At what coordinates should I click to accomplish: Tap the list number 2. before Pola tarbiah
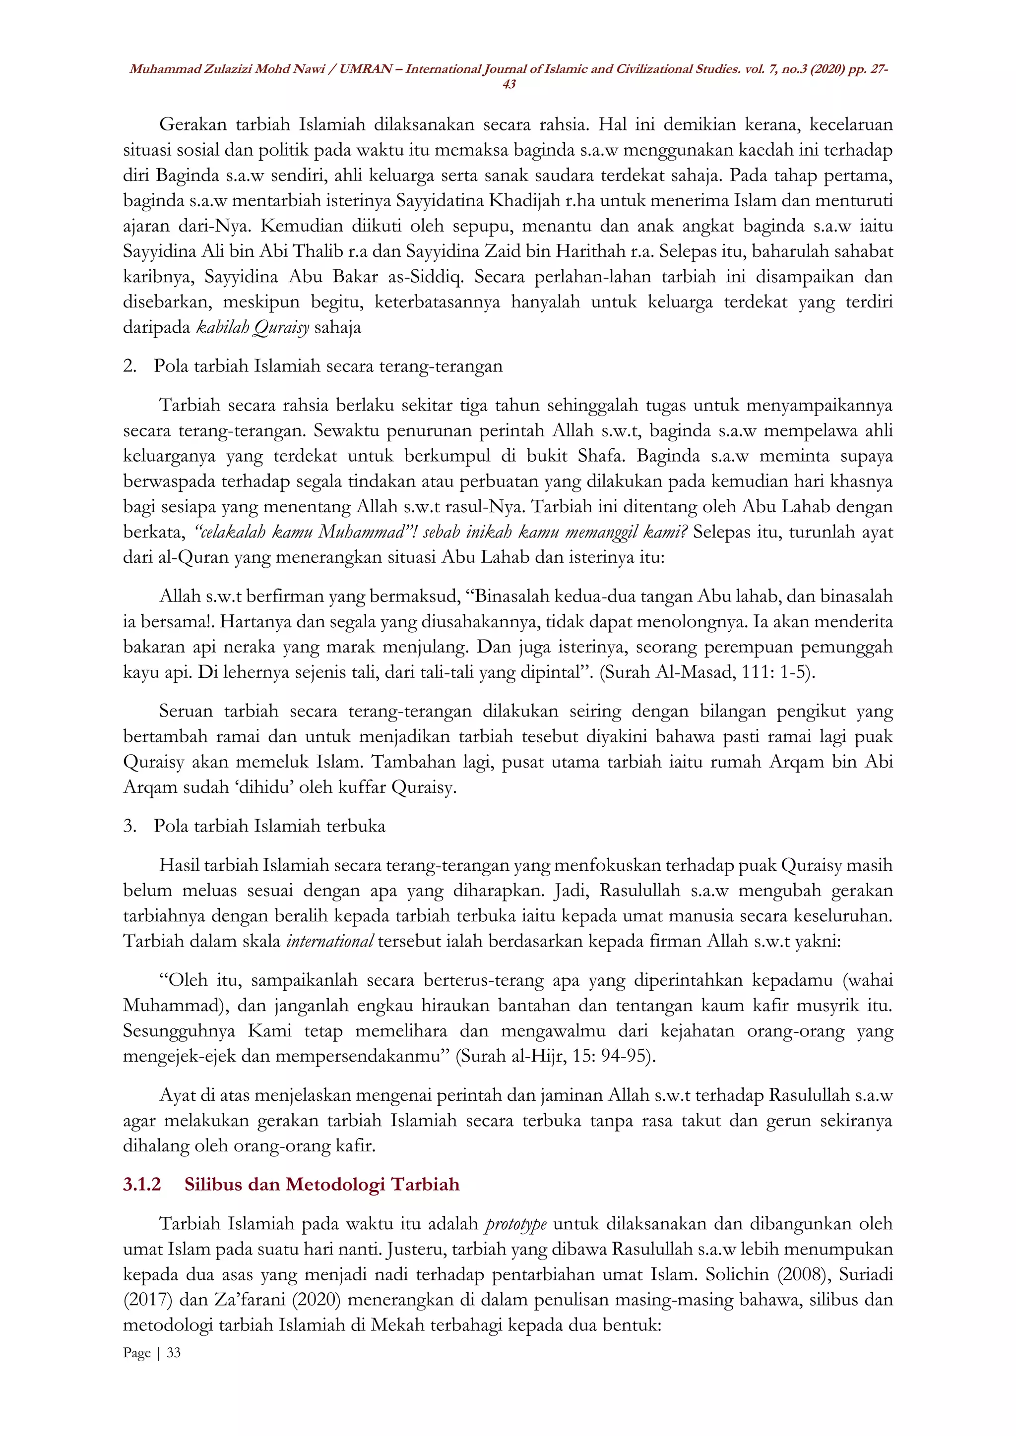(x=129, y=366)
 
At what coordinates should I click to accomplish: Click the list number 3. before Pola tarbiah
(x=129, y=826)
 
